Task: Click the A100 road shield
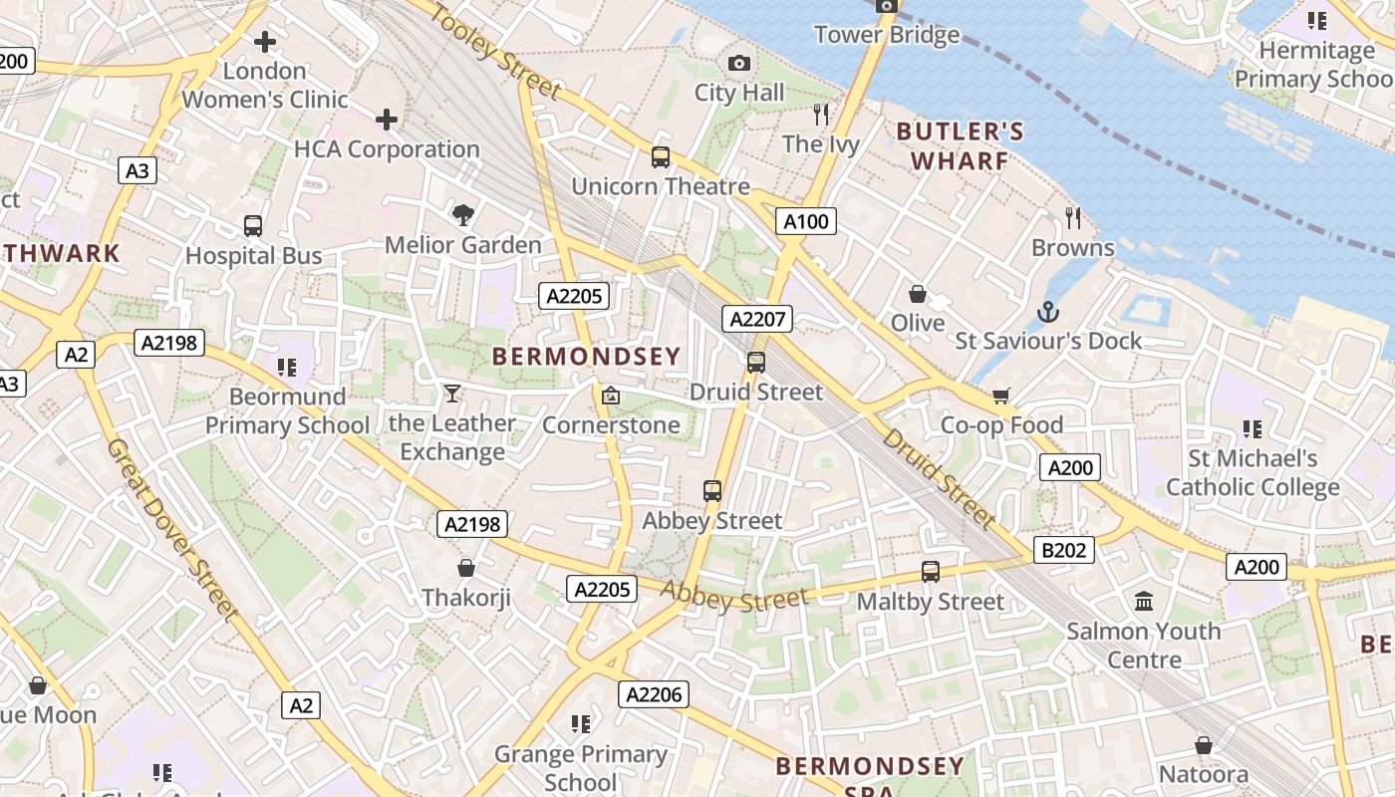click(x=806, y=221)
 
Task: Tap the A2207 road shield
click(x=758, y=319)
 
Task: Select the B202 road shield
click(x=1064, y=550)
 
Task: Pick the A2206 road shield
click(x=653, y=694)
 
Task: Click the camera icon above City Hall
click(x=738, y=64)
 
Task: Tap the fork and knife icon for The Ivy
click(x=821, y=115)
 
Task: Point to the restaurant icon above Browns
click(x=1072, y=218)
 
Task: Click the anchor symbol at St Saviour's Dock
click(x=1047, y=313)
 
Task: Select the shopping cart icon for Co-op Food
click(x=1001, y=397)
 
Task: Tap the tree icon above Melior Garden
click(x=462, y=215)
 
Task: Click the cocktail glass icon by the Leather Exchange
click(x=452, y=394)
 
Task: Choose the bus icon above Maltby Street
click(x=930, y=572)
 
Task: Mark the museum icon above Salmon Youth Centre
click(x=1143, y=602)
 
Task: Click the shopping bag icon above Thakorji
click(x=465, y=569)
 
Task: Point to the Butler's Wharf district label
click(x=960, y=145)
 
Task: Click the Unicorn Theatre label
click(x=661, y=186)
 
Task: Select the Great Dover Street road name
click(x=171, y=530)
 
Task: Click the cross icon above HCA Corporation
click(x=387, y=121)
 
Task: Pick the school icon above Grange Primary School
click(x=581, y=724)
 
